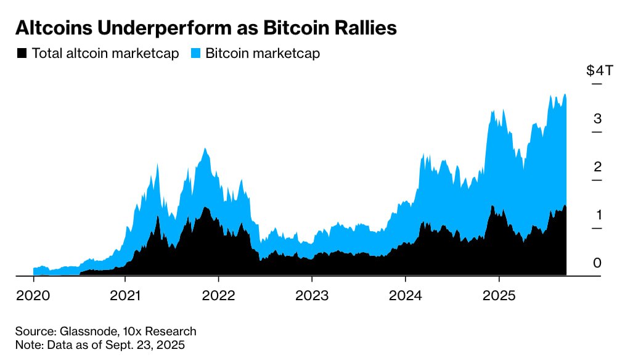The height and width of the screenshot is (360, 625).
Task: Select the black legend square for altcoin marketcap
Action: click(22, 54)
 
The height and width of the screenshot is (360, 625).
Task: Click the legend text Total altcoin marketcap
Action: click(105, 54)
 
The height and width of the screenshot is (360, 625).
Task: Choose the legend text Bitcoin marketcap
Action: click(263, 54)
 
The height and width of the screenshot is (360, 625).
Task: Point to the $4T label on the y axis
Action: click(599, 70)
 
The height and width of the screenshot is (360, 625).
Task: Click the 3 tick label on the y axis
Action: click(597, 119)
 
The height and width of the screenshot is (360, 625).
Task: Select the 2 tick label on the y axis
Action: click(597, 167)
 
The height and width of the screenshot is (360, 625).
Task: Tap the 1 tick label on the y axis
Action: click(597, 215)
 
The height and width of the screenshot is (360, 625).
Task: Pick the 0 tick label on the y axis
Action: click(597, 263)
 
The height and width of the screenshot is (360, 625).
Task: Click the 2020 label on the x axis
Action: click(33, 295)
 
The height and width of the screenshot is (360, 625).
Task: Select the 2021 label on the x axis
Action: click(126, 295)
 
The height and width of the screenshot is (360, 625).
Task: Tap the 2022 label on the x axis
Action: click(219, 295)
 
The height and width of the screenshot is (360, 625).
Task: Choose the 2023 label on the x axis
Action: click(312, 295)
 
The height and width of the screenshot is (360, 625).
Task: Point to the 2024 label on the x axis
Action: click(405, 295)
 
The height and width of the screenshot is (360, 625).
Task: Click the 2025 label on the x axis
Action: click(499, 295)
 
